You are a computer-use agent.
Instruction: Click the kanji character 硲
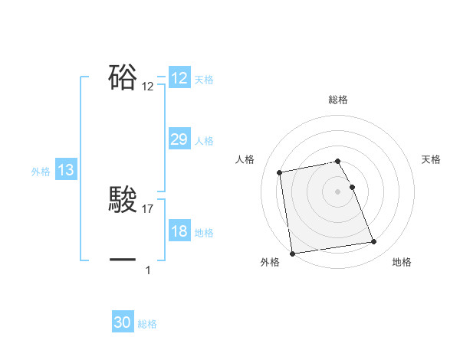point(123,78)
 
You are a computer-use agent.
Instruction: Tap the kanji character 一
point(123,260)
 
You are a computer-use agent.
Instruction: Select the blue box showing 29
point(179,139)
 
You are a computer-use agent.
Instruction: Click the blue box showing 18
point(179,231)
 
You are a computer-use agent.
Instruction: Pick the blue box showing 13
point(65,170)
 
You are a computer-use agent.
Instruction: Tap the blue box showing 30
point(123,322)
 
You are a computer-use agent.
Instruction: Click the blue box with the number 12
point(179,78)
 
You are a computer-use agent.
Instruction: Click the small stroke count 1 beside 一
point(148,270)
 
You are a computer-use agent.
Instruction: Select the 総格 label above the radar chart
point(338,100)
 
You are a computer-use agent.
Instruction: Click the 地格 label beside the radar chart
point(402,262)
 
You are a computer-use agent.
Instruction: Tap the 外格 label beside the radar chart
point(270,262)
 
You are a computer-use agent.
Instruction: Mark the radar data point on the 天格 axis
point(352,187)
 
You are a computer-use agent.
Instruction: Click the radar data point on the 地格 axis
point(374,242)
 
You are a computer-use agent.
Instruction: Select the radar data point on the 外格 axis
point(292,254)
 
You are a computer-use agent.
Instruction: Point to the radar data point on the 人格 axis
point(280,172)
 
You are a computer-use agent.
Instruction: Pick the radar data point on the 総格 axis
point(338,161)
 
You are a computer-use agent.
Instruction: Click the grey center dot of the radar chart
point(338,191)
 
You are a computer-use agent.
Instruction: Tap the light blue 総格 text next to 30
point(147,324)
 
